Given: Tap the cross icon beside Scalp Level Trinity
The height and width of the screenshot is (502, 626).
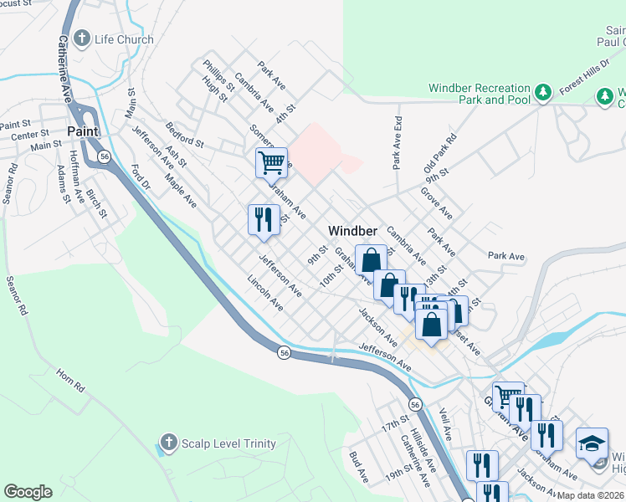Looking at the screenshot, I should click(168, 442).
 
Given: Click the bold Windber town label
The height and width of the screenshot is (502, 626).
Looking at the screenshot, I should click(352, 231).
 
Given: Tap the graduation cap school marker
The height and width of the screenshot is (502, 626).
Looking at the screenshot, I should click(592, 444).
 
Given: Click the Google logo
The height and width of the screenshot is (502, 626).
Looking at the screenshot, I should click(28, 492).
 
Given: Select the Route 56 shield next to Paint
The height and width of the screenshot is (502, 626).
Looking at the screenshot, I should click(104, 156).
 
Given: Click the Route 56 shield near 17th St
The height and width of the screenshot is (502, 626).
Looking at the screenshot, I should click(415, 404).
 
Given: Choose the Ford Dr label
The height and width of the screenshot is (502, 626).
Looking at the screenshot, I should click(141, 177).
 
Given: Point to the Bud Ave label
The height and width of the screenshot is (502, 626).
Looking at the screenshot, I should click(359, 467).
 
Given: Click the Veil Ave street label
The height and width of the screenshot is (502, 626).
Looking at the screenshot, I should click(444, 426).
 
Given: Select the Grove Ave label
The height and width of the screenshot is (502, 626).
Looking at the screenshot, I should click(438, 203).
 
